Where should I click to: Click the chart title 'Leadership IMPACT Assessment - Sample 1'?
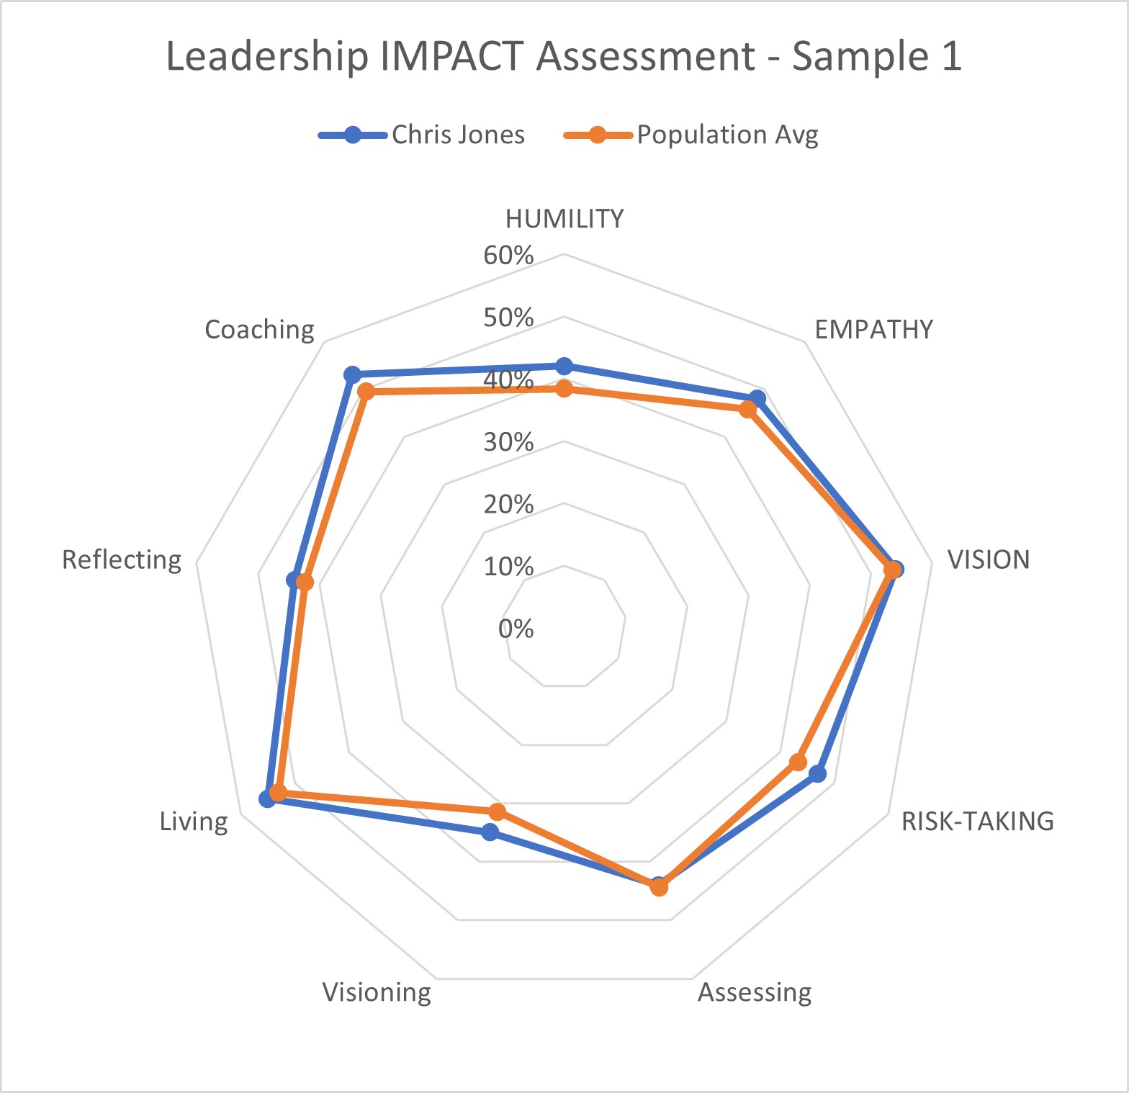pos(564,56)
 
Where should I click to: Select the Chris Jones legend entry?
pos(422,135)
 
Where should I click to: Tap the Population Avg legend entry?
pos(691,135)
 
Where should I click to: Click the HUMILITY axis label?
pos(564,219)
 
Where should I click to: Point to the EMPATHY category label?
pos(873,329)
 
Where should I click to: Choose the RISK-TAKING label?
pos(977,821)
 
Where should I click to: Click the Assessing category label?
pos(755,992)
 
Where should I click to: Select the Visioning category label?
pos(377,992)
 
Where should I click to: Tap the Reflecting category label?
pos(122,559)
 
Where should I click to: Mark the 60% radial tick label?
pos(508,255)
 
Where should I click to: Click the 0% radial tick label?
pos(516,629)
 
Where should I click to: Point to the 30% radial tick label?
pos(508,441)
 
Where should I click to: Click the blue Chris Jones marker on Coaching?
pos(352,374)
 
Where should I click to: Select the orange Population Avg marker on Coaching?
pos(366,392)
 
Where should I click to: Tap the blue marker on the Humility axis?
pos(564,366)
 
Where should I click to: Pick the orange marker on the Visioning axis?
pos(497,811)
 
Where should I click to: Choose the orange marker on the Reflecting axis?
pos(305,582)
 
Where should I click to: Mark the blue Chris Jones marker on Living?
pos(267,799)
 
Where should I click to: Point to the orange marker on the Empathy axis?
pos(748,410)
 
